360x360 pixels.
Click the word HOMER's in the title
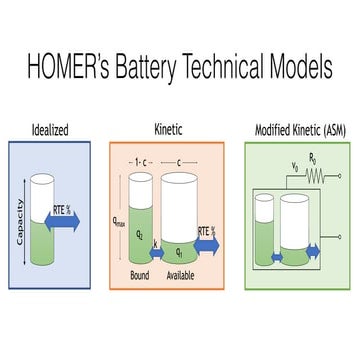click(73, 69)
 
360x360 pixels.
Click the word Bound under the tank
click(141, 276)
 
